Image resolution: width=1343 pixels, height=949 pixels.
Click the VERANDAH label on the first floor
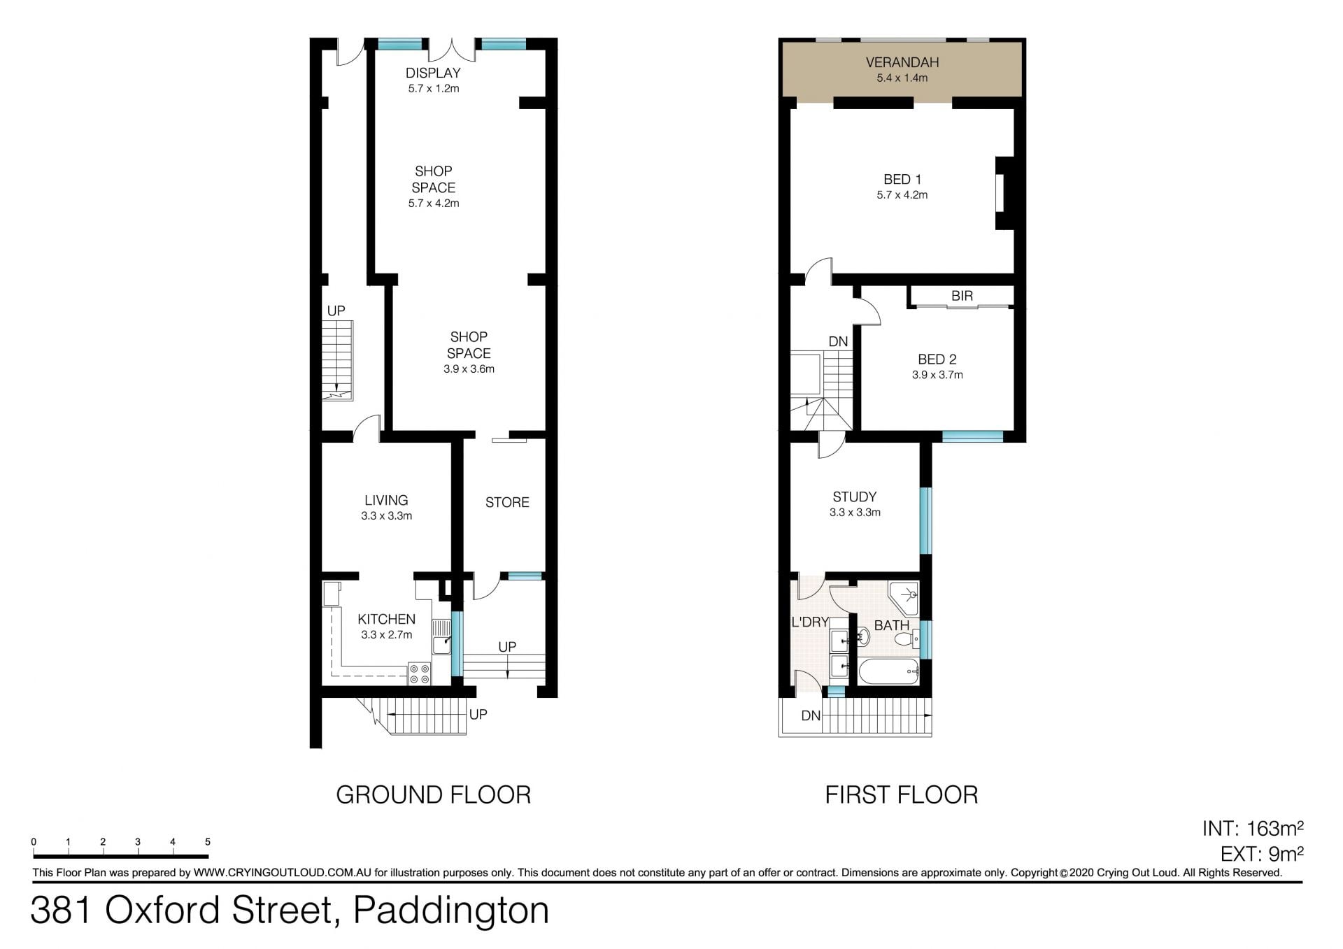point(902,62)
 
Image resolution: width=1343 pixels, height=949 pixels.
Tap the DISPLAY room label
point(433,73)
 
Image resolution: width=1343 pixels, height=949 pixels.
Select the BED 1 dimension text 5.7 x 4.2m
point(902,195)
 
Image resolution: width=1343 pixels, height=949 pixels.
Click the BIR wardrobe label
point(962,296)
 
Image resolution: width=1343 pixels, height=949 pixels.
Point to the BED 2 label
point(937,359)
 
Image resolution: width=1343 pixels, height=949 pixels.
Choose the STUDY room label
point(854,497)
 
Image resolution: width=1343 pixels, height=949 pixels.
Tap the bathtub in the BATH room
point(888,671)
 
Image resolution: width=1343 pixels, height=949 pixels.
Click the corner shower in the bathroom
point(903,598)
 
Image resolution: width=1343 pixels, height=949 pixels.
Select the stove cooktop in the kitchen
point(420,673)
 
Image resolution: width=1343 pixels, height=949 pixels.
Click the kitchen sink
point(441,636)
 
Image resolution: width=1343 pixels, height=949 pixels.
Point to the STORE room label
point(507,502)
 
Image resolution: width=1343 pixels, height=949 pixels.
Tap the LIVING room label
point(386,500)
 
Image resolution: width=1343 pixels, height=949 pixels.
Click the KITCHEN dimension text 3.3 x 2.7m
point(386,635)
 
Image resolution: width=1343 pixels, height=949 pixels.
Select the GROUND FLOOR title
point(434,795)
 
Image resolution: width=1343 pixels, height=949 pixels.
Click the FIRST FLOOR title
point(902,795)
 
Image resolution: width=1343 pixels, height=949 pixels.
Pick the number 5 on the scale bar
point(208,842)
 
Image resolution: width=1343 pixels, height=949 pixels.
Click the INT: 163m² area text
point(1253,829)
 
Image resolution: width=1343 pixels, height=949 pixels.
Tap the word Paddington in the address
point(451,911)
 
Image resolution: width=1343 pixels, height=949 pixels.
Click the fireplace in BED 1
point(1004,193)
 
